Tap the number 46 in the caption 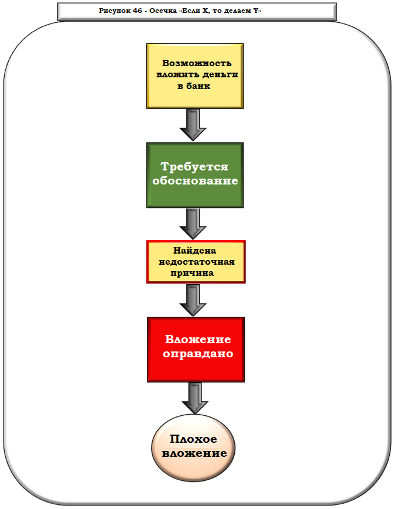click(139, 11)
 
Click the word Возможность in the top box click(197, 64)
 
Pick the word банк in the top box click(198, 86)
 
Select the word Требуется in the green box click(194, 167)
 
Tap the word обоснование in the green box click(195, 181)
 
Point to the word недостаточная click(196, 261)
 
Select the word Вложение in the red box click(198, 340)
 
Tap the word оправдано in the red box click(198, 354)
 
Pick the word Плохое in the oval click(193, 439)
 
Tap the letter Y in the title click(256, 11)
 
